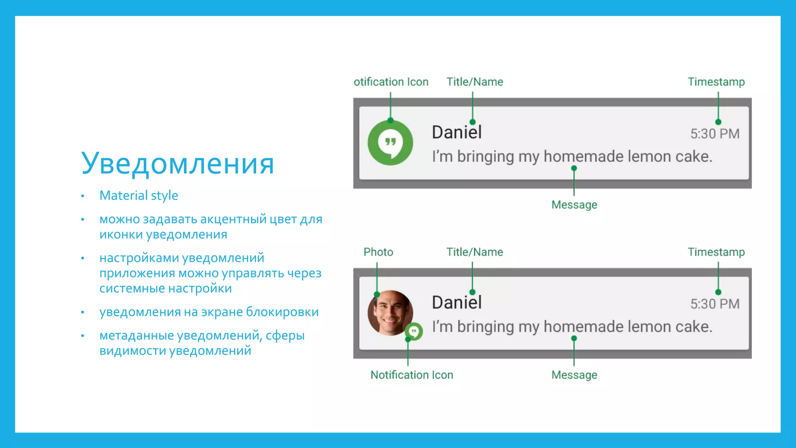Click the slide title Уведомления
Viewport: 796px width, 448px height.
tap(177, 163)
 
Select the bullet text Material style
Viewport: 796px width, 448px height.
tap(139, 195)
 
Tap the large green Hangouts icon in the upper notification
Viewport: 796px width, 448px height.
tap(390, 142)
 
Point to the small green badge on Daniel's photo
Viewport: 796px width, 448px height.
tap(414, 332)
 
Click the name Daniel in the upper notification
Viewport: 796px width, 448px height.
tap(457, 132)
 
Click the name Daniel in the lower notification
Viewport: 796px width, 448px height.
tap(457, 303)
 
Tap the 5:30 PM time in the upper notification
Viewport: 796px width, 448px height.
tap(714, 134)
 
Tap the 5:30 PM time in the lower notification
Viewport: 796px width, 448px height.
tap(714, 304)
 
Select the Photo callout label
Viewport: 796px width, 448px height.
tap(378, 252)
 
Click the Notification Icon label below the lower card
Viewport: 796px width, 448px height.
tap(412, 375)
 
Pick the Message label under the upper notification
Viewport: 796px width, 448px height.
tap(574, 205)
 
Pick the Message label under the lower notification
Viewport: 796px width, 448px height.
tap(574, 375)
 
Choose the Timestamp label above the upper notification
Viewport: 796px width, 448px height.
tap(716, 82)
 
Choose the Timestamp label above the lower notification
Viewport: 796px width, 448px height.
tap(716, 252)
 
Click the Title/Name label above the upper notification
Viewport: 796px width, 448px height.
tap(475, 82)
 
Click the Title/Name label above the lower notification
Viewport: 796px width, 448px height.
tap(475, 252)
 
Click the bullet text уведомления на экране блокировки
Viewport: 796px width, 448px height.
tap(209, 312)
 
